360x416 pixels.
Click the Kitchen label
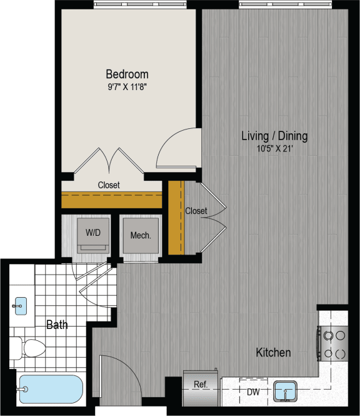click(x=273, y=353)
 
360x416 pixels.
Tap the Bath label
click(x=57, y=325)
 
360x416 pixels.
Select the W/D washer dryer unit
click(x=92, y=234)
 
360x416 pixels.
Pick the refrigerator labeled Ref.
click(x=200, y=384)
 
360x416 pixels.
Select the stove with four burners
click(x=334, y=343)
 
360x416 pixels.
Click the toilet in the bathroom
click(x=28, y=347)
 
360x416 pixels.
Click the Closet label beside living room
click(x=196, y=211)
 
